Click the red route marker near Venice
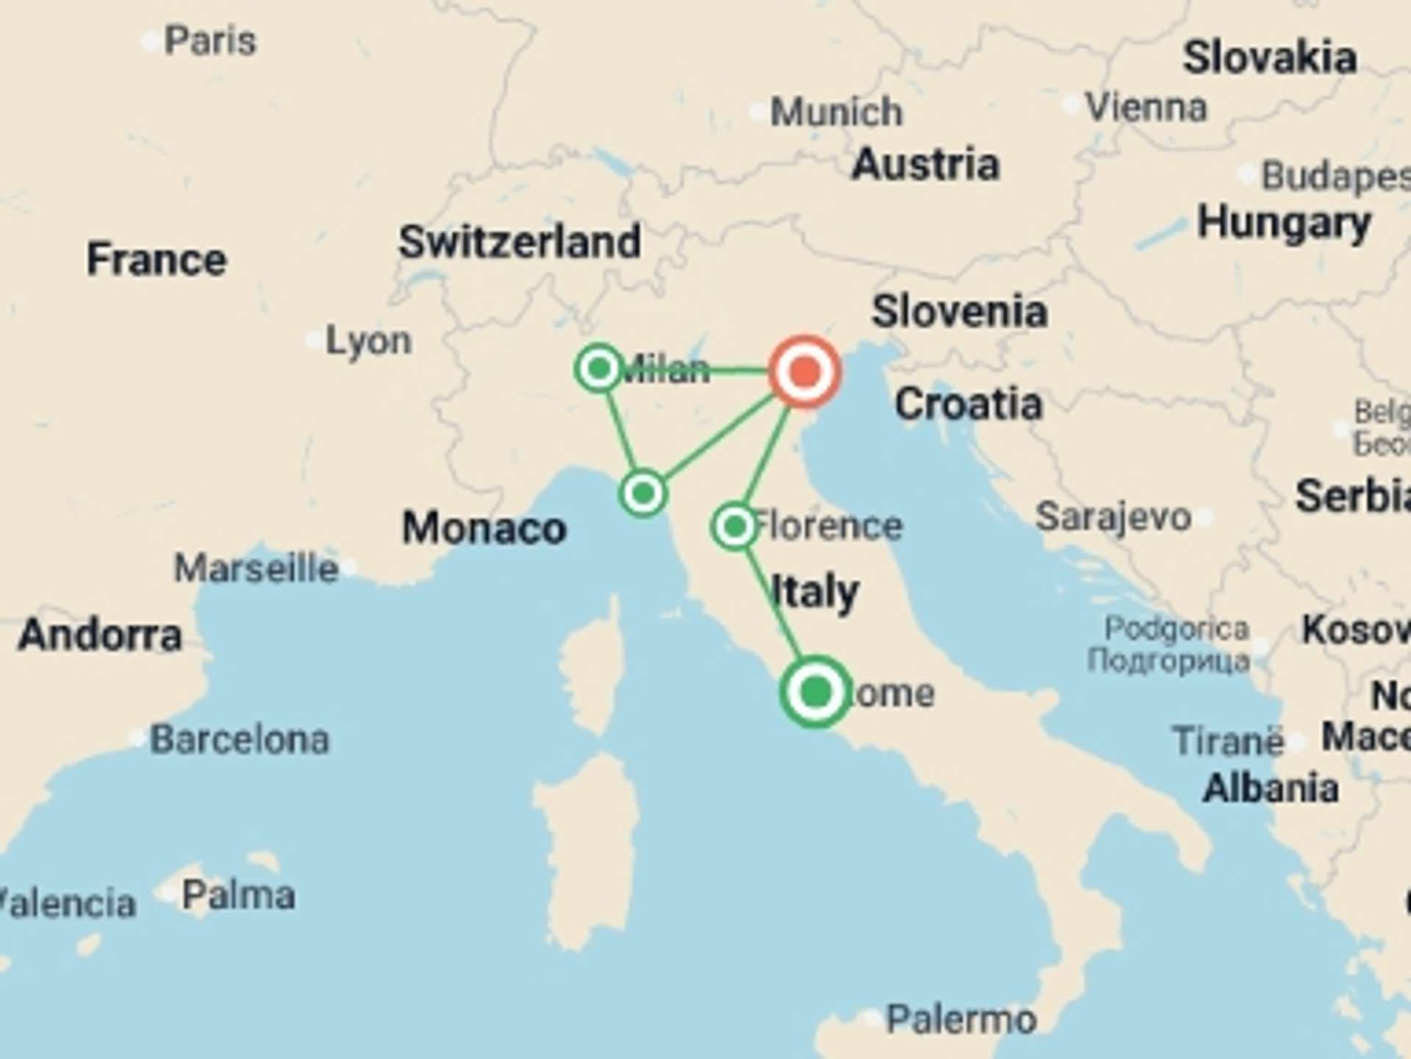pyautogui.click(x=805, y=371)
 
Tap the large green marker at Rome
pyautogui.click(x=816, y=692)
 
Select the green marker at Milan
pyautogui.click(x=600, y=368)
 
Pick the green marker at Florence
pyautogui.click(x=734, y=526)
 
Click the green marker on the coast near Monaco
pyautogui.click(x=643, y=493)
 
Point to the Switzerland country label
pyautogui.click(x=520, y=242)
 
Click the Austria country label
pyautogui.click(x=926, y=164)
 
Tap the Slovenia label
pyautogui.click(x=959, y=311)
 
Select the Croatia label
pyautogui.click(x=969, y=404)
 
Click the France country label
pyautogui.click(x=157, y=260)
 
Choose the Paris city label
pyautogui.click(x=210, y=40)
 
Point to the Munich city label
pyautogui.click(x=836, y=112)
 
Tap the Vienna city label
pyautogui.click(x=1146, y=107)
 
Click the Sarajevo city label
pyautogui.click(x=1113, y=517)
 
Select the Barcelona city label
pyautogui.click(x=240, y=739)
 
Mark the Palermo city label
pyautogui.click(x=961, y=1019)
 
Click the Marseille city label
pyautogui.click(x=256, y=568)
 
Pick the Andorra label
pyautogui.click(x=100, y=635)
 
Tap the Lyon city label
pyautogui.click(x=368, y=341)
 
